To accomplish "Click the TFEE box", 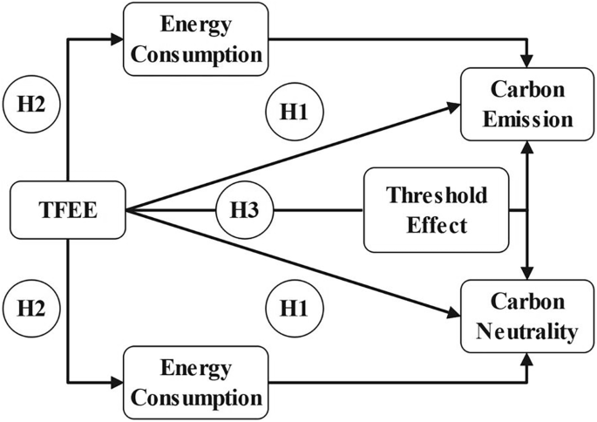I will click(x=66, y=210).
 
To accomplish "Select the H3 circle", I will click(x=245, y=210).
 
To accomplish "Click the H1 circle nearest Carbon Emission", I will click(x=293, y=112).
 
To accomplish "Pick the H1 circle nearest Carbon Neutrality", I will click(x=293, y=307).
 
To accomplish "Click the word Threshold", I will click(x=424, y=194).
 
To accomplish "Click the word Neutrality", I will click(x=521, y=331).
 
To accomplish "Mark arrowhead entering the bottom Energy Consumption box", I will click(x=118, y=381).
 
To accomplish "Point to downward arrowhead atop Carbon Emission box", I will click(x=526, y=58).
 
